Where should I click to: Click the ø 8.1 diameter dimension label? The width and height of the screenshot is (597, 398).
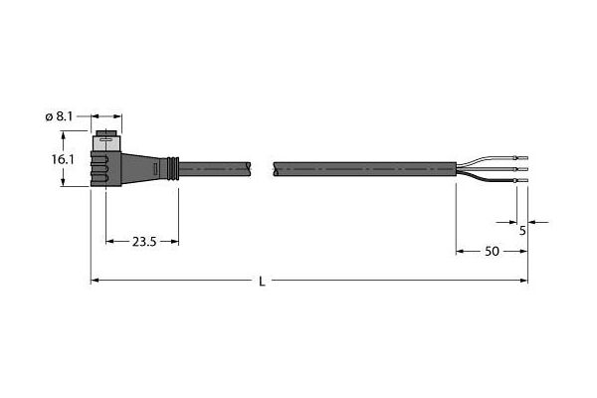pos(59,116)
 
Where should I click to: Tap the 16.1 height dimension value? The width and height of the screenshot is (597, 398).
pos(63,159)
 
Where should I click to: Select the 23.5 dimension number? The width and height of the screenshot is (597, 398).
pos(144,242)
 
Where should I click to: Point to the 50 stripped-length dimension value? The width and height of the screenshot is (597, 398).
pos(492,252)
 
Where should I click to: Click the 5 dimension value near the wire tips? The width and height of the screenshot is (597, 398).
pos(522,231)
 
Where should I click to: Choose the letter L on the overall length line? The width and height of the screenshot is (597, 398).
pos(262,282)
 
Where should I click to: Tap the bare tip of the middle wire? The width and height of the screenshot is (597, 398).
pos(523,169)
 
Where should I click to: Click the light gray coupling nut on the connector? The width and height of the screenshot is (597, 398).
pos(106,143)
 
